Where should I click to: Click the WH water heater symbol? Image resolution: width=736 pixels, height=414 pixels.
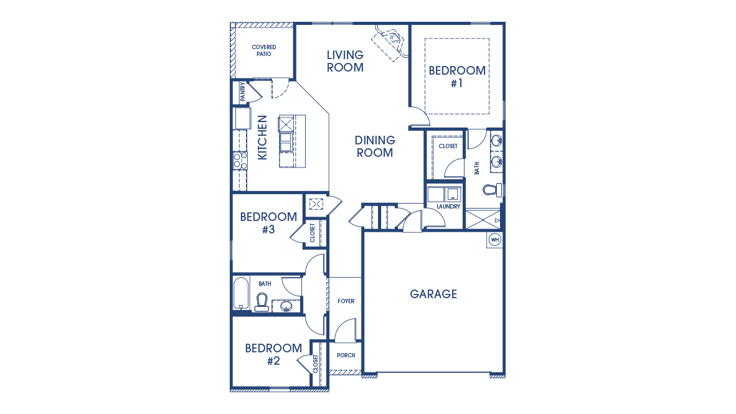(x=495, y=240)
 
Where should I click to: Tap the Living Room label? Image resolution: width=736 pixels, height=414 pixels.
(x=345, y=62)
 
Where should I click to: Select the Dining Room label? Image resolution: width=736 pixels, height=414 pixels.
(x=375, y=146)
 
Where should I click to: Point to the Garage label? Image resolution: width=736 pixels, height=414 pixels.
(x=433, y=294)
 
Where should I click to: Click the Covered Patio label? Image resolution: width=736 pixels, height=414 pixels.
(x=264, y=50)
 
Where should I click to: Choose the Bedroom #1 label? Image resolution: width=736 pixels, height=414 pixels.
(x=456, y=77)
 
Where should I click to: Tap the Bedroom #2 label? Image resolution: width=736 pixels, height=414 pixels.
(x=273, y=354)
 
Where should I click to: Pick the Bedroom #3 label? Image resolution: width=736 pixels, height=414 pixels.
(x=268, y=223)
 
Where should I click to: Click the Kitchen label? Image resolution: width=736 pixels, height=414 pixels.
(x=262, y=137)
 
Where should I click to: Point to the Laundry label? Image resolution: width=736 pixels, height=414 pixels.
(x=448, y=207)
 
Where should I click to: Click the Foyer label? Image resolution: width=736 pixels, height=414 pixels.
(x=346, y=301)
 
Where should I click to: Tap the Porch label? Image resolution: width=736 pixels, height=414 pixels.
(x=346, y=355)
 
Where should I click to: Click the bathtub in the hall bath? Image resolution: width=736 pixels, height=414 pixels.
(x=241, y=294)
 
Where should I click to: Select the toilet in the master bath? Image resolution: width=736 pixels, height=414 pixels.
(x=494, y=189)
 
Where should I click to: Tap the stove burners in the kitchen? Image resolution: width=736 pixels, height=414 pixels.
(x=240, y=161)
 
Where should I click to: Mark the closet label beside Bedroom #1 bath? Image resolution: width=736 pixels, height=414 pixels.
(x=448, y=146)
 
